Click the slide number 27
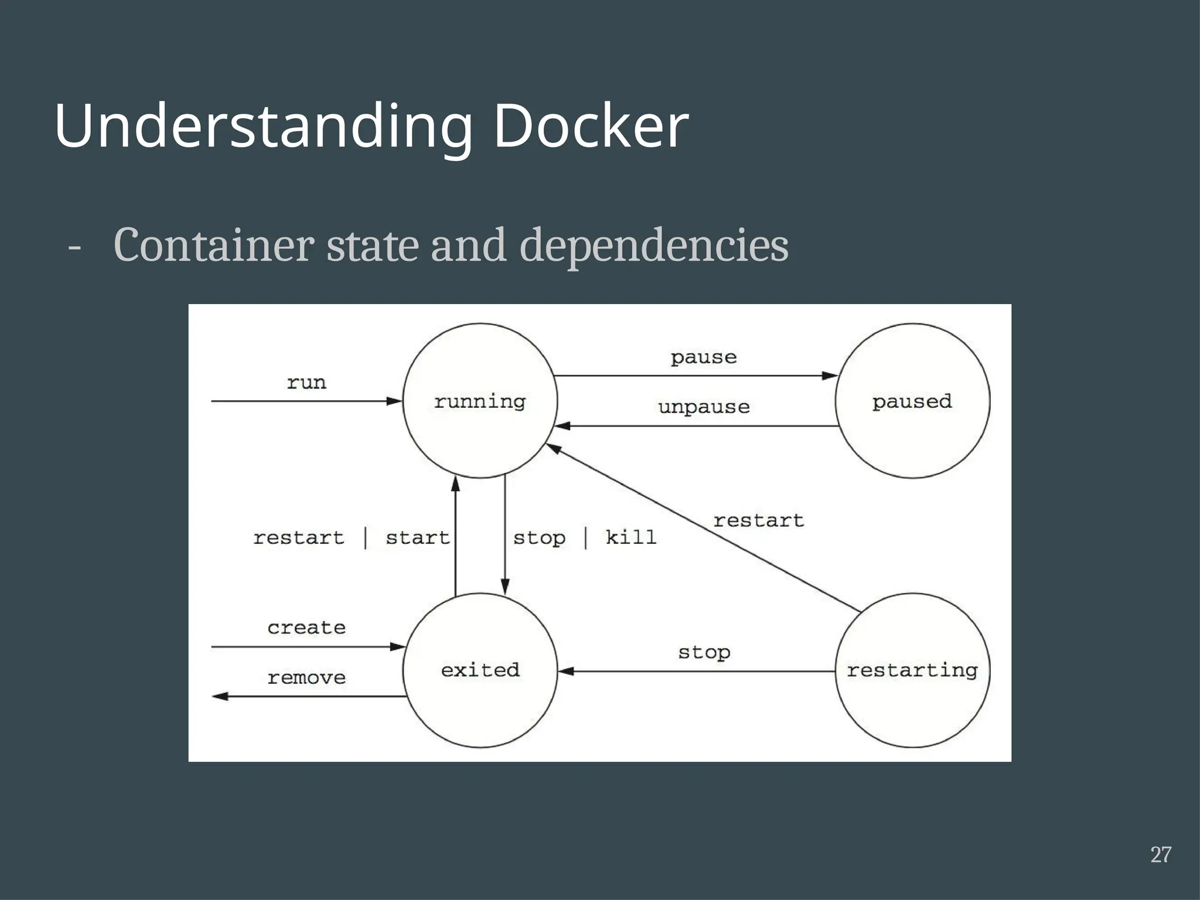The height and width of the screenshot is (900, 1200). point(1161,855)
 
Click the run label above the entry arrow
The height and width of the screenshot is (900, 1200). point(306,383)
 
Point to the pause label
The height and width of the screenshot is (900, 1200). point(704,357)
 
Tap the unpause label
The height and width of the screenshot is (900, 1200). point(704,407)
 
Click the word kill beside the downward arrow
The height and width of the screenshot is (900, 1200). point(630,537)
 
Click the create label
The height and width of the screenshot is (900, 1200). point(306,628)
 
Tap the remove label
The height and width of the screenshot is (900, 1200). point(306,678)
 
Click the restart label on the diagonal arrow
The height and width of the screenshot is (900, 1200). point(759,520)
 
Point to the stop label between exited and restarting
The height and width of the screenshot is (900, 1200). point(704,652)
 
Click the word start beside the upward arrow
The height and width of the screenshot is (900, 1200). point(417,537)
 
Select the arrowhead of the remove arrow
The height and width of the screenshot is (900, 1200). point(220,696)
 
